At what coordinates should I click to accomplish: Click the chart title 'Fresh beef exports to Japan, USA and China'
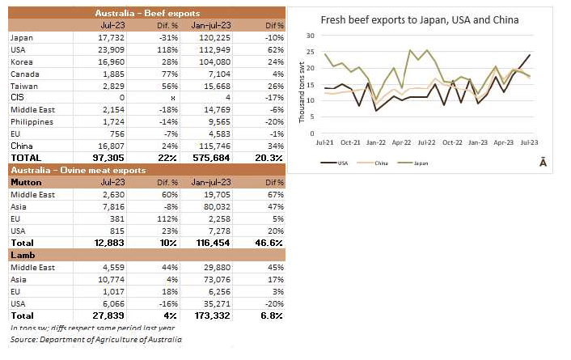coord(420,20)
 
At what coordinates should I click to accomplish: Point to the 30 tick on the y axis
coord(310,36)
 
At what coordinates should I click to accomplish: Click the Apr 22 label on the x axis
coord(402,141)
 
